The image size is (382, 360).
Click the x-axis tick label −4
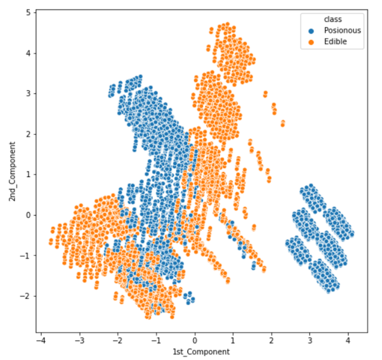click(x=41, y=340)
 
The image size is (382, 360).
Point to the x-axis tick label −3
click(x=79, y=340)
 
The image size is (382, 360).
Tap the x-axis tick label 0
click(x=195, y=340)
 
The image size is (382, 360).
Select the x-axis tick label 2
click(x=272, y=340)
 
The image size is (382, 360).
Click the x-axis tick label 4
click(x=348, y=340)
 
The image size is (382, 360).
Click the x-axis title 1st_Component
click(x=195, y=352)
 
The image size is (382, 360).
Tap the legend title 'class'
click(x=315, y=19)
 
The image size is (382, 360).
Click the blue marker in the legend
click(x=310, y=30)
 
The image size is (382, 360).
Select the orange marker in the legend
click(x=310, y=42)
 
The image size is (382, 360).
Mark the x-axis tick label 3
click(x=310, y=340)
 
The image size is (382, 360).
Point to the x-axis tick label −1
click(x=155, y=340)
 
